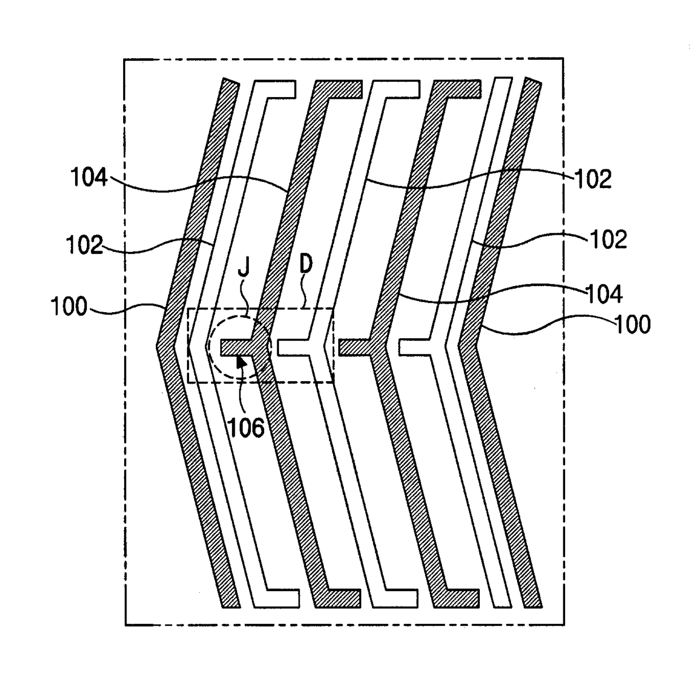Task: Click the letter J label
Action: (244, 269)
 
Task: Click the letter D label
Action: (306, 264)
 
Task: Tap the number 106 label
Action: (247, 427)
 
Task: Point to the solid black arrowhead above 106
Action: (241, 362)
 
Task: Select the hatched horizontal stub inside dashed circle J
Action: (236, 348)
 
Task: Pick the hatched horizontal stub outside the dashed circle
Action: (355, 347)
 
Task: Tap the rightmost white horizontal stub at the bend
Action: (414, 347)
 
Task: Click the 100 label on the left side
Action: (69, 306)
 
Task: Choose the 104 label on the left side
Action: (89, 177)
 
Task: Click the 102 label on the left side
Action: (85, 244)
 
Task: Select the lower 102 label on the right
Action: (609, 239)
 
